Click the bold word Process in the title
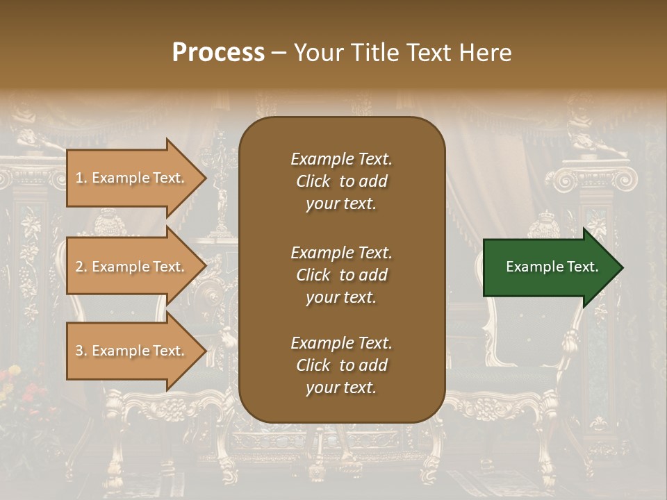218,53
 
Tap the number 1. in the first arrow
81,178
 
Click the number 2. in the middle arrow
81,267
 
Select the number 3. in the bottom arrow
81,351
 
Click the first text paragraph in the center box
341,181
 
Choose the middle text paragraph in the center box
341,275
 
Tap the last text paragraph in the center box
341,365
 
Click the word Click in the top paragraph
313,181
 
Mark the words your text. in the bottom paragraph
341,387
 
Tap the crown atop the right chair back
544,226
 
